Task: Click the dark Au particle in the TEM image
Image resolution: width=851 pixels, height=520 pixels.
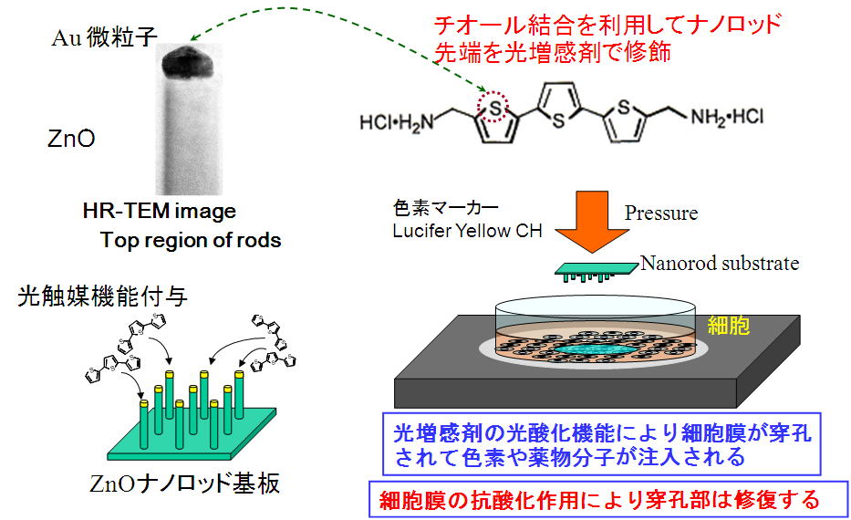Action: [189, 61]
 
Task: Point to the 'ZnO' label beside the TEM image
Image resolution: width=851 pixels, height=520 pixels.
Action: [71, 139]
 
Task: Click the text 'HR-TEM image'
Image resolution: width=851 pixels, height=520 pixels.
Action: [158, 212]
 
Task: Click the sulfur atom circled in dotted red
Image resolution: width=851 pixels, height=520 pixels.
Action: [495, 107]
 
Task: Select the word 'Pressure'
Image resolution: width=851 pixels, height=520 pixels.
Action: [661, 213]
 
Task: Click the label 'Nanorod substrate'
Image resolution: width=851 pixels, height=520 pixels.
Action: [720, 264]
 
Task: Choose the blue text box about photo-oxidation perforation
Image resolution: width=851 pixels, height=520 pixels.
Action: [601, 444]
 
